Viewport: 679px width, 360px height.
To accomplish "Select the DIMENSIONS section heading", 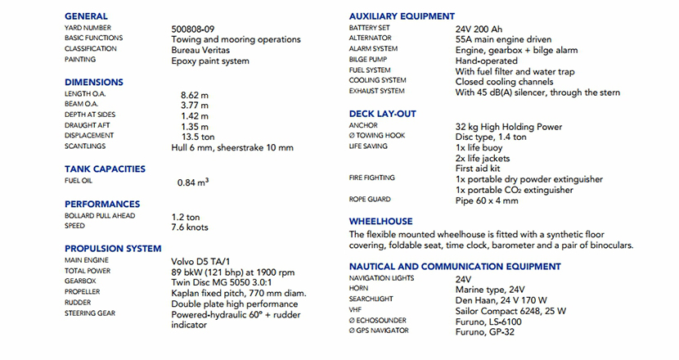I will point(94,83).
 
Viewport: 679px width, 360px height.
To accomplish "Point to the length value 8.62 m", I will point(195,95).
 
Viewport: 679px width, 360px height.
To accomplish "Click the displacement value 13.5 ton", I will point(197,137).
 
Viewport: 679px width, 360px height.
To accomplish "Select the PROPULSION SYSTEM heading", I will point(113,249).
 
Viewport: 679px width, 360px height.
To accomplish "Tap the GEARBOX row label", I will point(81,280).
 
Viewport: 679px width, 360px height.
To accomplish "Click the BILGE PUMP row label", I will point(369,60).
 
